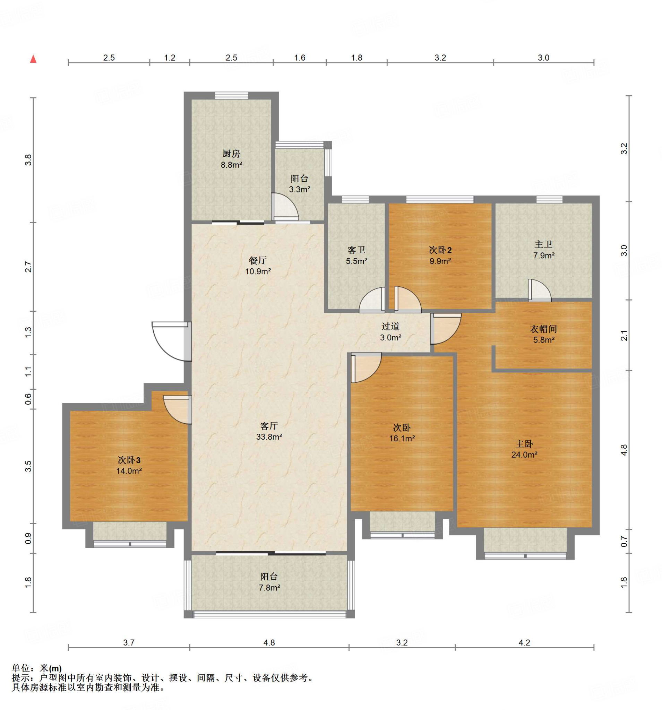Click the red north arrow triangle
[33, 59]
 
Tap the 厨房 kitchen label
[231, 154]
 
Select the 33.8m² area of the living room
[269, 436]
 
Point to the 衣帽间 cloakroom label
[543, 329]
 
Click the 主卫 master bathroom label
[543, 245]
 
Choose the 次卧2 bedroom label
[440, 250]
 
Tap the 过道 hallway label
[390, 327]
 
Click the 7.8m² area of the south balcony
[269, 588]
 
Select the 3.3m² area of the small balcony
[299, 189]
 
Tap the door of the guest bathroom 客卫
[372, 300]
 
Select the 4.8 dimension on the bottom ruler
[269, 642]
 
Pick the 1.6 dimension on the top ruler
[299, 58]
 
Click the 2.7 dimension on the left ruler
[28, 267]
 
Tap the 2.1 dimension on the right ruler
[624, 336]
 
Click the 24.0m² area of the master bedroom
[524, 454]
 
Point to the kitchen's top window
[231, 95]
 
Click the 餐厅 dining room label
[258, 260]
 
